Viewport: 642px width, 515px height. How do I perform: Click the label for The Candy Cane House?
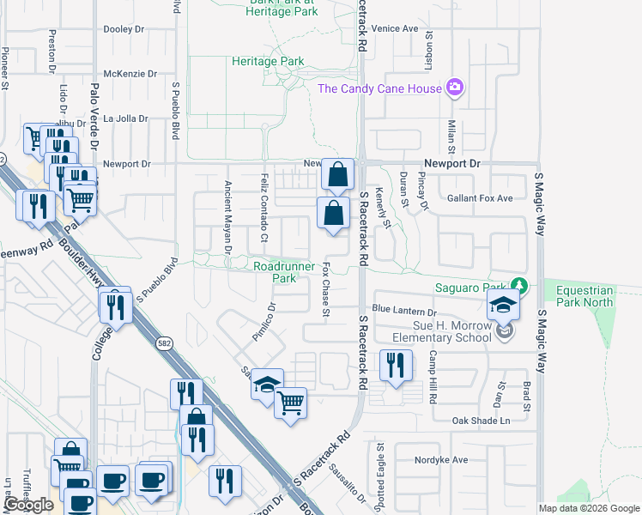[x=379, y=88]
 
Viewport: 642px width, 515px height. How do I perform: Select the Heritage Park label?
[x=268, y=62]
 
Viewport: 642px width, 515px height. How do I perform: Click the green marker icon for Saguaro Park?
[x=518, y=285]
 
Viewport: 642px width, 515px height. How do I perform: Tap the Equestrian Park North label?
[x=585, y=296]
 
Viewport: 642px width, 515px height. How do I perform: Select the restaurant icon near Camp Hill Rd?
[x=395, y=367]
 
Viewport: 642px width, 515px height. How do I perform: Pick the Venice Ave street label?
[x=394, y=28]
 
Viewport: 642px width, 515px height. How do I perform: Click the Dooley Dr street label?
[x=124, y=29]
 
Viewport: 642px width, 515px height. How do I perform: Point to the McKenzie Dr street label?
[x=130, y=74]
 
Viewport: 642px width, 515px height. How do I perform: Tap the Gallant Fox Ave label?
[x=480, y=198]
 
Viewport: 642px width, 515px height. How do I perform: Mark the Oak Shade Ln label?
[x=481, y=421]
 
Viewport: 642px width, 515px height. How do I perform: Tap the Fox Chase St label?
[x=326, y=288]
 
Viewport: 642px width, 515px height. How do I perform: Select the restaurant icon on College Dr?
[x=114, y=306]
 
